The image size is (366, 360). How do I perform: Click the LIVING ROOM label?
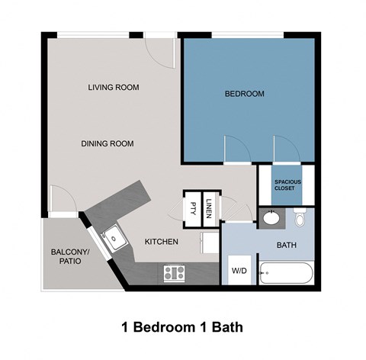113,88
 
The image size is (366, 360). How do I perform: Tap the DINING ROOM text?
108,143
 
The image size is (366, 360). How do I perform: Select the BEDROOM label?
244,95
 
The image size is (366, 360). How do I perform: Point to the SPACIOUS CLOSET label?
288,185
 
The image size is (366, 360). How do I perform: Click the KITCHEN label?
162,242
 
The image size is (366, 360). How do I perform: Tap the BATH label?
287,245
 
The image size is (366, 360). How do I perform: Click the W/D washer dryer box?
238,271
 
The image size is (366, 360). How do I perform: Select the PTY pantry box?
192,206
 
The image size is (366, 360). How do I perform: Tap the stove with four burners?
174,272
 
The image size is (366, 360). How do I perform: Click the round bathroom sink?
269,220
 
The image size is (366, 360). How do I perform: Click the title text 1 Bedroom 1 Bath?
181,329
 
